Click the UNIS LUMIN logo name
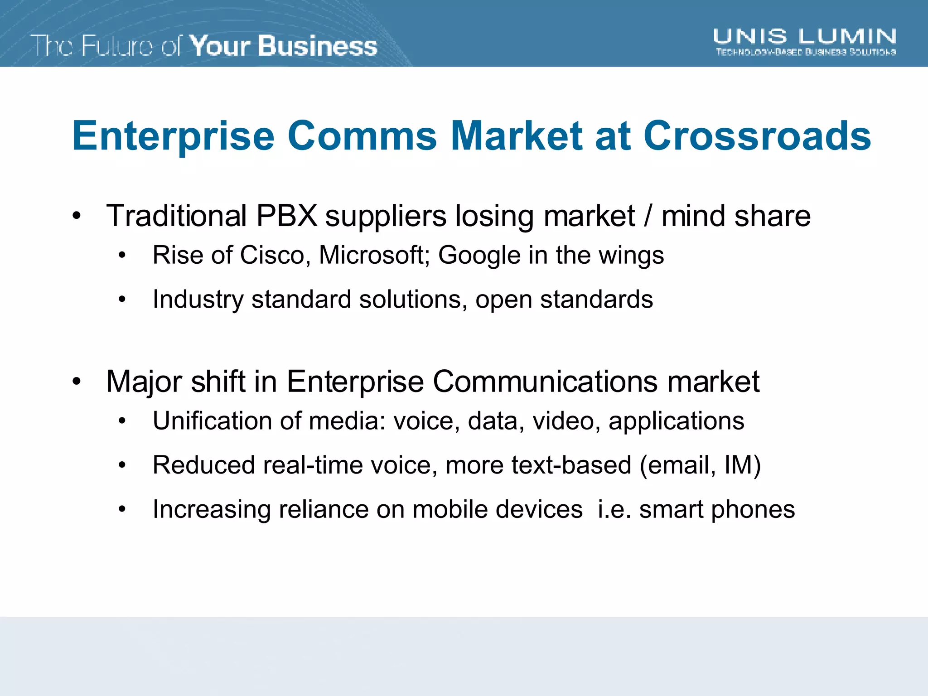pos(805,36)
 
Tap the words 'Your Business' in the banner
pos(283,46)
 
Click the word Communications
pos(545,382)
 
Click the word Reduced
pos(203,465)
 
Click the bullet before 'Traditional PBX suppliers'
pos(77,216)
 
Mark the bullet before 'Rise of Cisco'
pos(122,256)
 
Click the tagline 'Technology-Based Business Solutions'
pos(806,52)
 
